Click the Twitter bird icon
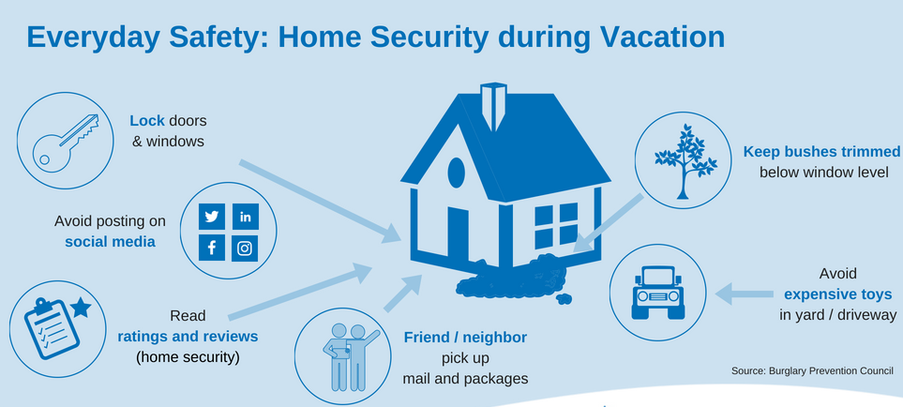[211, 217]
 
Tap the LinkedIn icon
[246, 217]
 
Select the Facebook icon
[211, 249]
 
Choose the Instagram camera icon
[246, 249]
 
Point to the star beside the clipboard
[82, 308]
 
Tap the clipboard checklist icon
[52, 329]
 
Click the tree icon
[685, 161]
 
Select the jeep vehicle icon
[657, 293]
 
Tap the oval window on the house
[456, 173]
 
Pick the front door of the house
[459, 234]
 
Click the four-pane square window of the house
[556, 225]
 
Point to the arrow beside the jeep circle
[744, 294]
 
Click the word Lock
[147, 121]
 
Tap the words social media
[110, 242]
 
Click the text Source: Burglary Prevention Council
[812, 371]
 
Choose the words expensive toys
[838, 294]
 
